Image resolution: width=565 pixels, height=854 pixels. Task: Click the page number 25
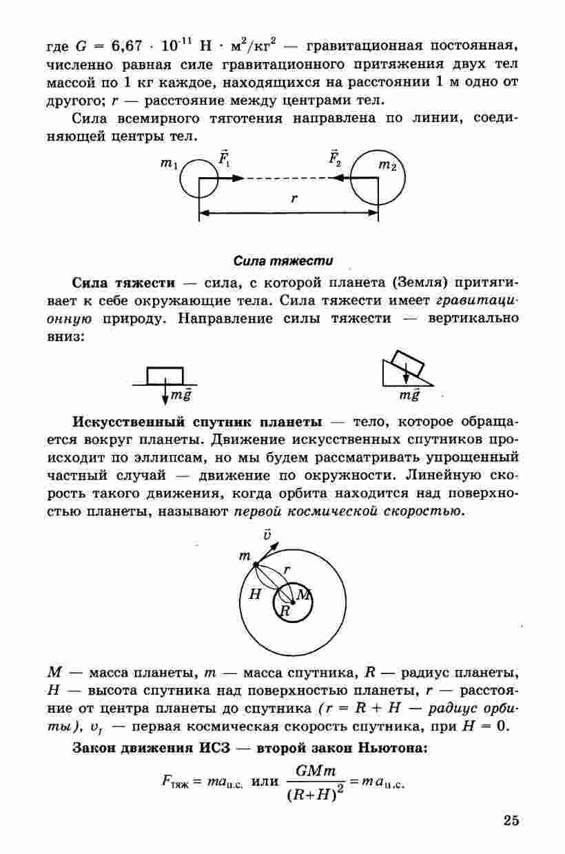tap(511, 820)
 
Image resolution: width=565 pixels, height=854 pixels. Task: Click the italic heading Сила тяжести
tap(283, 261)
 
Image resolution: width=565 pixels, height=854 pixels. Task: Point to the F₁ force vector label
tap(225, 158)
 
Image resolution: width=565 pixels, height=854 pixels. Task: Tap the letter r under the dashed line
tap(294, 199)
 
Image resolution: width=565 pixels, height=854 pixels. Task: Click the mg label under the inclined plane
tap(409, 396)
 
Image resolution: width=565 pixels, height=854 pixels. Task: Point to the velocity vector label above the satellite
tap(267, 534)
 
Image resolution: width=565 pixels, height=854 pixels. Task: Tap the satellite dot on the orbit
tap(256, 563)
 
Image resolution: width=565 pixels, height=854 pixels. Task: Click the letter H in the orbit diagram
tap(255, 595)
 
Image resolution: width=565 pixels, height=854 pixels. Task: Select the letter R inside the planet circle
tap(286, 610)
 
